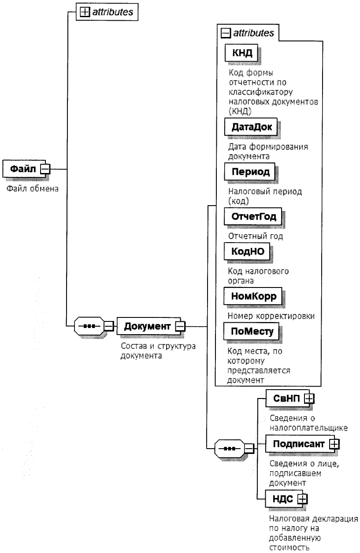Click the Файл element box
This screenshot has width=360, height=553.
22,169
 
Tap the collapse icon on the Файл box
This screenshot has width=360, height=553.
45,169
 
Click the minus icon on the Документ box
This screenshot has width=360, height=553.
180,326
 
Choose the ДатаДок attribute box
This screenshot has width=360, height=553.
252,127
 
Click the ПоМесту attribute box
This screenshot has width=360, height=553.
251,331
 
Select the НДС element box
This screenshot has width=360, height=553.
283,499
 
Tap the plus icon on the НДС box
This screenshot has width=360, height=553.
302,499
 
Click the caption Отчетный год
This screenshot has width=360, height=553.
255,236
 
